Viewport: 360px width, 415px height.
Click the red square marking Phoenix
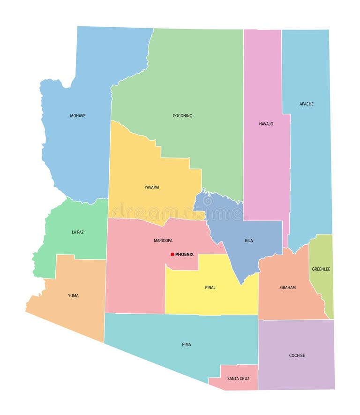tap(172, 254)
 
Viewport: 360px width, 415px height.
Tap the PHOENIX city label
tap(184, 254)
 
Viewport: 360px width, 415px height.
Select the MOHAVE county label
tap(78, 116)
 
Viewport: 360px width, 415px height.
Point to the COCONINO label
tap(182, 116)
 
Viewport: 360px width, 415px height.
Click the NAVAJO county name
tap(266, 124)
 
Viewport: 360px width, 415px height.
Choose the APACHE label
tap(307, 104)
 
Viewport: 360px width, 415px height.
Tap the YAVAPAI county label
tap(151, 187)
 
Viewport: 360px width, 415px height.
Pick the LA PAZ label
tap(78, 232)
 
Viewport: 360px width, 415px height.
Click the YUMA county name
tap(73, 295)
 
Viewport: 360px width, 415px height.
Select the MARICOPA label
tap(163, 241)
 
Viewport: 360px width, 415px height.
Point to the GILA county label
tap(248, 241)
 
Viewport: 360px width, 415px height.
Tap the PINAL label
tap(210, 287)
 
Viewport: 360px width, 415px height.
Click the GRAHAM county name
tap(288, 287)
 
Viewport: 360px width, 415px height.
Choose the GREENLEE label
tap(321, 269)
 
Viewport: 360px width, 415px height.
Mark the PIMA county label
tap(187, 345)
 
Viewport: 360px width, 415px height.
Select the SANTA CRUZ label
tap(238, 378)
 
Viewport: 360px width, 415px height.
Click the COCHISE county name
tap(297, 355)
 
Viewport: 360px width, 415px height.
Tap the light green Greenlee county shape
tap(322, 291)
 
